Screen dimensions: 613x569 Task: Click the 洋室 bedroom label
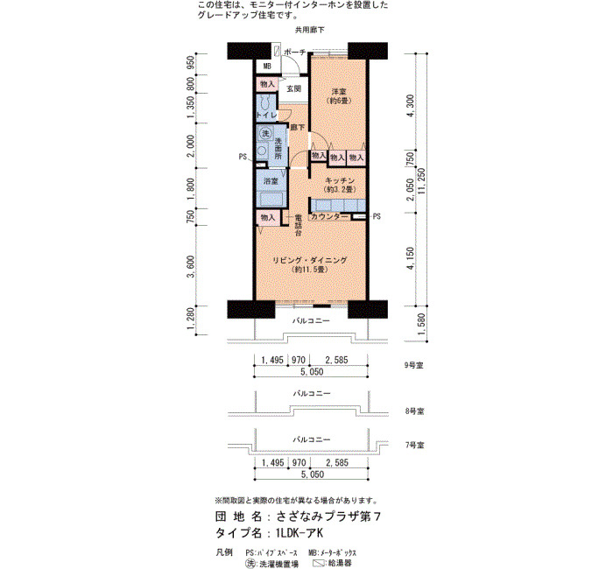pyautogui.click(x=339, y=91)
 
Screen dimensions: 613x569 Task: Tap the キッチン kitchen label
pyautogui.click(x=340, y=180)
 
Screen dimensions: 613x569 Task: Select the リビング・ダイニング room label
pyautogui.click(x=310, y=260)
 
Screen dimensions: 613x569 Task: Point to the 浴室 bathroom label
pyautogui.click(x=271, y=181)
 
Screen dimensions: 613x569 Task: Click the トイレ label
pyautogui.click(x=266, y=116)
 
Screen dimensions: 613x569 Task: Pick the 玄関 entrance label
pyautogui.click(x=293, y=88)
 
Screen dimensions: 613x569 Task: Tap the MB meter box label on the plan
pyautogui.click(x=267, y=67)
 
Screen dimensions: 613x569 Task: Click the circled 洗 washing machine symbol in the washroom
pyautogui.click(x=266, y=134)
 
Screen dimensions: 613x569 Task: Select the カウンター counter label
pyautogui.click(x=329, y=216)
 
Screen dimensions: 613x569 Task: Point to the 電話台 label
pyautogui.click(x=299, y=225)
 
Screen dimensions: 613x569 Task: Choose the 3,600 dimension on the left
pyautogui.click(x=191, y=266)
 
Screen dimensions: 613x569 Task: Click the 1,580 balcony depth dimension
pyautogui.click(x=421, y=324)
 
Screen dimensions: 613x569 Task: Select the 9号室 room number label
pyautogui.click(x=414, y=365)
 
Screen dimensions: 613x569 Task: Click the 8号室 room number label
pyautogui.click(x=414, y=411)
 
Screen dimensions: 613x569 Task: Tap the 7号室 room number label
pyautogui.click(x=414, y=445)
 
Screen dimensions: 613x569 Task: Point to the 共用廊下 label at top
pyautogui.click(x=310, y=30)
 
